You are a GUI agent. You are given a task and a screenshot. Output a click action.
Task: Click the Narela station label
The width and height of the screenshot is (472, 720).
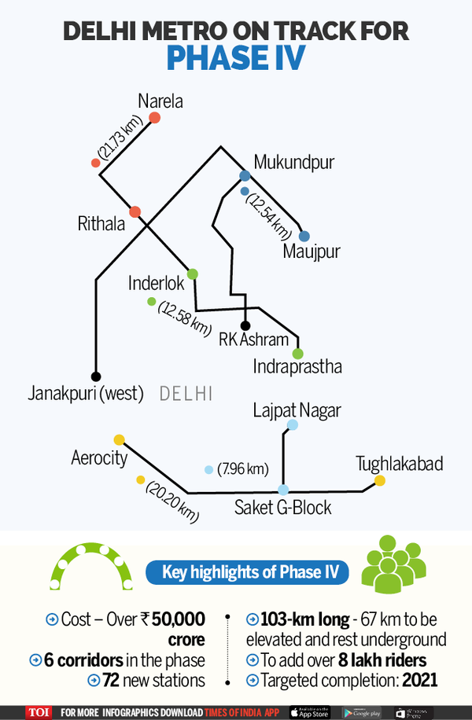coord(160,101)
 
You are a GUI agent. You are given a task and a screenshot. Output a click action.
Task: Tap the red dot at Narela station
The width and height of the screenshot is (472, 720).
coord(155,118)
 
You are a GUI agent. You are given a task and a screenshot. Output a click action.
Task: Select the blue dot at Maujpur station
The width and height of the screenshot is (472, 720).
coord(304,236)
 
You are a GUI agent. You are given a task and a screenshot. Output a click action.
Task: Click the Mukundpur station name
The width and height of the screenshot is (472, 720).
coord(293,163)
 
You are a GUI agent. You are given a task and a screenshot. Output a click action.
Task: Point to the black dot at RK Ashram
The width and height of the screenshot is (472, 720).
coord(245,325)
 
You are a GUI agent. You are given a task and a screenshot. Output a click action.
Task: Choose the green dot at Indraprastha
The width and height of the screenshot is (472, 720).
coord(297,353)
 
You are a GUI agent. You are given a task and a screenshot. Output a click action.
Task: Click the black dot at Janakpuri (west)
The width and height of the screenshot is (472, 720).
coord(96,376)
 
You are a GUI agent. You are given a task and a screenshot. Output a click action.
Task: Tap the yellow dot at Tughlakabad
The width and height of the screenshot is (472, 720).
coord(379,480)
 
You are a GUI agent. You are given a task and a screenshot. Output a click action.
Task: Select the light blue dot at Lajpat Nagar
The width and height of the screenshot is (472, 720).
coord(292,425)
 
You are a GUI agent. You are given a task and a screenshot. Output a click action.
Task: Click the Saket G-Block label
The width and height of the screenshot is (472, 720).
coord(282,508)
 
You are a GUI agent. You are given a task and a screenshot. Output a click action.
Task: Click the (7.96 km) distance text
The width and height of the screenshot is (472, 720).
coord(243,469)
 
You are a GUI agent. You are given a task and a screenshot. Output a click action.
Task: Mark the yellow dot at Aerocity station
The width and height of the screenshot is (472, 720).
coord(119,439)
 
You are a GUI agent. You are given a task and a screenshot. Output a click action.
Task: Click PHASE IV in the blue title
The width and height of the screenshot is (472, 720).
coord(235,57)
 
